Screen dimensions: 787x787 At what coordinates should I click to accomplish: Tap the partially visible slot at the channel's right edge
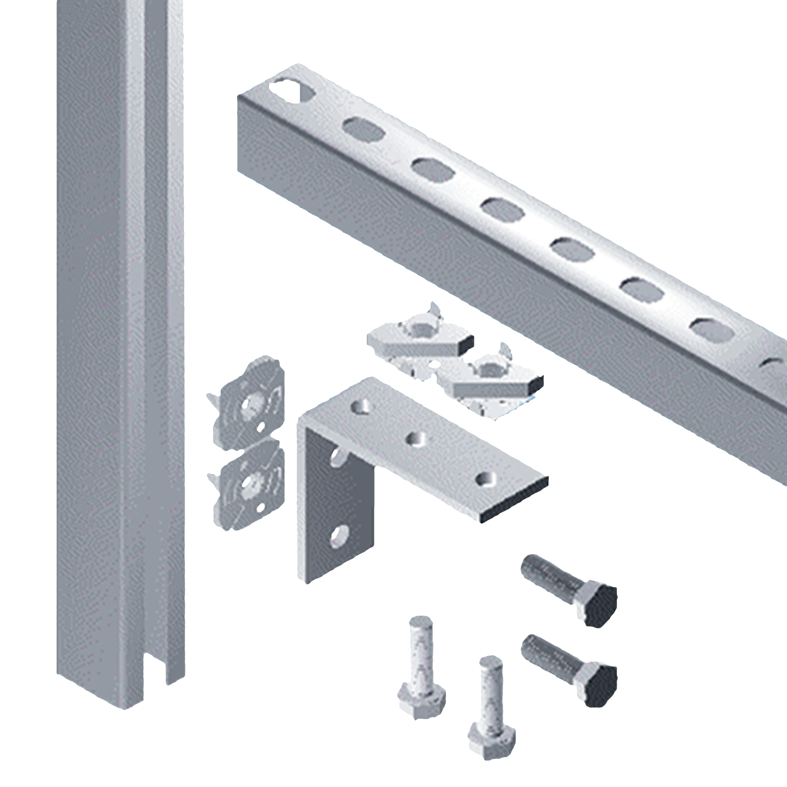coord(773,365)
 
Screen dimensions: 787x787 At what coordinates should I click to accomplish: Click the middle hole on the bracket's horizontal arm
coord(416,439)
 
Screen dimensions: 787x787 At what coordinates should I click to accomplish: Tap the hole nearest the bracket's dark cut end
coord(486,478)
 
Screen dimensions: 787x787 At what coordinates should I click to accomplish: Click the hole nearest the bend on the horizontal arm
coord(362,406)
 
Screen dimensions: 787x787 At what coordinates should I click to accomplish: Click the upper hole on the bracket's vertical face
coord(338,457)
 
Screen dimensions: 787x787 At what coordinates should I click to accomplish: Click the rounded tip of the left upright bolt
coord(421,622)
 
